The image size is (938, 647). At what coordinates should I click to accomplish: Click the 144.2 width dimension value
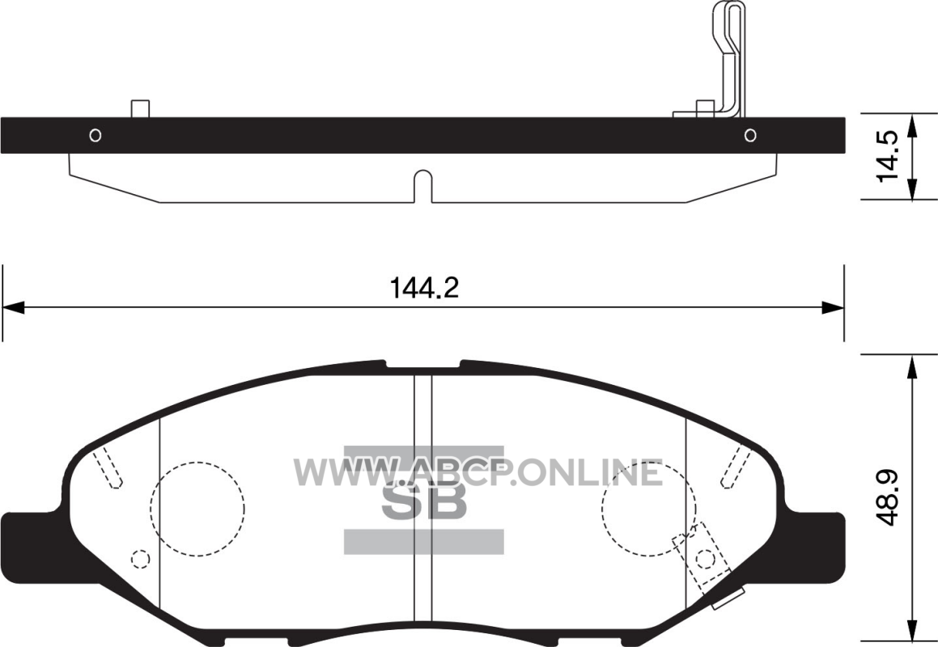(424, 288)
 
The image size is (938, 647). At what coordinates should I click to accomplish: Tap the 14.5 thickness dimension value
(886, 155)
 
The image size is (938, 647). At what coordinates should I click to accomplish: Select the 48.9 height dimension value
(886, 497)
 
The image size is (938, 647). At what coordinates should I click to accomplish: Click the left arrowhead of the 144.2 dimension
(13, 308)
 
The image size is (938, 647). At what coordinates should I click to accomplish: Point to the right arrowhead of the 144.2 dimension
(833, 308)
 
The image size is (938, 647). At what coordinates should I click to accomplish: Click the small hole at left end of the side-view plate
(95, 135)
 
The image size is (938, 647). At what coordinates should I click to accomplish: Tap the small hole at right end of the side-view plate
(750, 135)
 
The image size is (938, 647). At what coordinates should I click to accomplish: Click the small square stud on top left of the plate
(140, 109)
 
